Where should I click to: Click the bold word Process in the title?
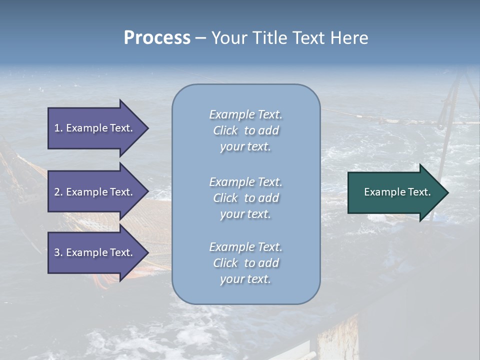point(157,38)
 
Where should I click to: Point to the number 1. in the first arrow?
point(58,128)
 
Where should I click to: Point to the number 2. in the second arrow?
point(58,192)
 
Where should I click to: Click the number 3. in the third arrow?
point(58,252)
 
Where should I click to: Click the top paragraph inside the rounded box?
point(245,130)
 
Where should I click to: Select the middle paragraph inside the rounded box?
point(245,198)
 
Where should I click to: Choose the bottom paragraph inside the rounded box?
point(245,263)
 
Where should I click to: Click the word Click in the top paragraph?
point(225,130)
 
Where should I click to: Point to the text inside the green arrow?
point(397,192)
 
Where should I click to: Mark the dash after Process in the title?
point(200,38)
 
